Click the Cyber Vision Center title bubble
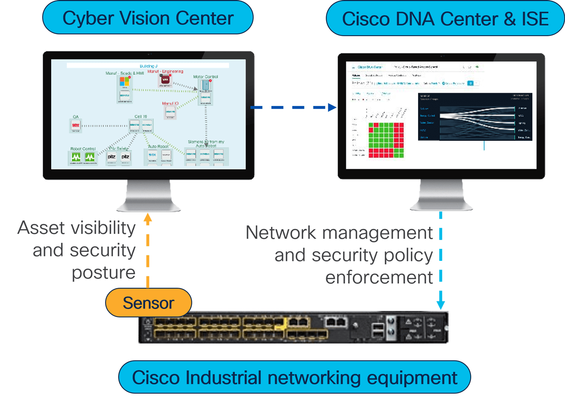tap(147, 19)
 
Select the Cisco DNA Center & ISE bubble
tap(445, 19)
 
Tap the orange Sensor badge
tap(148, 303)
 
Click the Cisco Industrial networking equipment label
tap(294, 378)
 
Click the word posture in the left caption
tap(104, 272)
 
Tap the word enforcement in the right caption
tap(379, 277)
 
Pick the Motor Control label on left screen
tap(206, 77)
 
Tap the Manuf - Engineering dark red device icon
tap(165, 80)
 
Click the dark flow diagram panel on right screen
tap(475, 117)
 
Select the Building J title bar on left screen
tap(148, 65)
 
